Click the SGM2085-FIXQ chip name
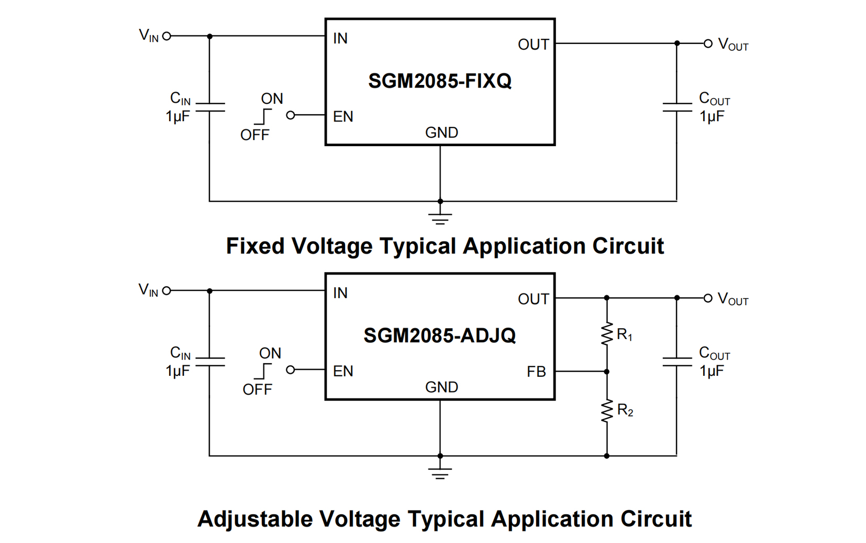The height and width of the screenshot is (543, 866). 439,81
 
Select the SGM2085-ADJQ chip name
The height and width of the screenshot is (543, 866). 439,335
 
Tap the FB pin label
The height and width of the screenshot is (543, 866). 536,372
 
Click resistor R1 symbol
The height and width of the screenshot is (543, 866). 607,334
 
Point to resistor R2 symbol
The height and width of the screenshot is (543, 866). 607,411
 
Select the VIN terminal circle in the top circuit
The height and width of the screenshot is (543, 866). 166,36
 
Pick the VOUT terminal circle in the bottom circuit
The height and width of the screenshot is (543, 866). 708,298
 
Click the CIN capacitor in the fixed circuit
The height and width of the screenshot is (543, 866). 209,107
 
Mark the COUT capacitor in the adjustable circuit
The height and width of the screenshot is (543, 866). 676,362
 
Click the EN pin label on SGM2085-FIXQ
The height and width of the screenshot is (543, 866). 343,116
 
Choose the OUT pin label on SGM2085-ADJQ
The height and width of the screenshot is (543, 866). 533,299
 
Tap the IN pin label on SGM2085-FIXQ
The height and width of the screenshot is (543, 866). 340,38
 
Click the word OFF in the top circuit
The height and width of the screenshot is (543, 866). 254,135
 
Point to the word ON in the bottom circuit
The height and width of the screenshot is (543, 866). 270,353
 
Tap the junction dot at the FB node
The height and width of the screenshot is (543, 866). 607,372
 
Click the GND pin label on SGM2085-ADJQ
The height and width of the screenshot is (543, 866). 441,387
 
